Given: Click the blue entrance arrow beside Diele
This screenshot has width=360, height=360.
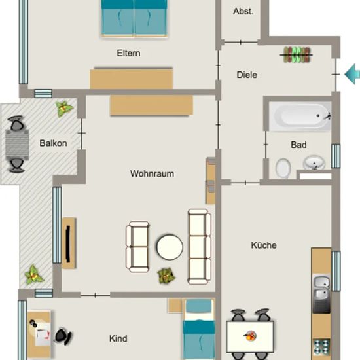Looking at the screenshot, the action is pyautogui.click(x=352, y=74).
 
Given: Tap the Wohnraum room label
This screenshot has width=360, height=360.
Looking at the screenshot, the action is pyautogui.click(x=152, y=173).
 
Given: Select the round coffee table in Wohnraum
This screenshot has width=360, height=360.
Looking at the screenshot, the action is pyautogui.click(x=170, y=247).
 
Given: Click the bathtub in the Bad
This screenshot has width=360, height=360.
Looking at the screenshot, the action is pyautogui.click(x=300, y=117).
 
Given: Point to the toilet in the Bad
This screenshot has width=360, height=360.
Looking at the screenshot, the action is pyautogui.click(x=283, y=168).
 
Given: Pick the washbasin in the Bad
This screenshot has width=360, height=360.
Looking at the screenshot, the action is pyautogui.click(x=314, y=162).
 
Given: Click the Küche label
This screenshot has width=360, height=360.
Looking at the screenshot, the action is pyautogui.click(x=264, y=245).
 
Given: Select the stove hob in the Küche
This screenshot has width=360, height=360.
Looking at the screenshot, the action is pyautogui.click(x=321, y=346).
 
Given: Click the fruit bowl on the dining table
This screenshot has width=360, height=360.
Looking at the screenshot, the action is pyautogui.click(x=250, y=336).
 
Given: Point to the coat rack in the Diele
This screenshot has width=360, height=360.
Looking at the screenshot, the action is pyautogui.click(x=297, y=54).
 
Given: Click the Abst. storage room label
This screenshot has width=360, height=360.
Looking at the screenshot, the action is pyautogui.click(x=243, y=12).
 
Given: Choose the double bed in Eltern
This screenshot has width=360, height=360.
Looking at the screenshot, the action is pyautogui.click(x=134, y=18).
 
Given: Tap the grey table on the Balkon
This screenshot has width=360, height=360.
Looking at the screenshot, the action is pyautogui.click(x=17, y=144).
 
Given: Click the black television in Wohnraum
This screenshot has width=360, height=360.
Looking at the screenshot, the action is pyautogui.click(x=68, y=243).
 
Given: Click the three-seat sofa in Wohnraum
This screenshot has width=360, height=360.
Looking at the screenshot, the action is pyautogui.click(x=200, y=247).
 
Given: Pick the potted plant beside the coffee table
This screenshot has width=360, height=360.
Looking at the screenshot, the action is pyautogui.click(x=166, y=276).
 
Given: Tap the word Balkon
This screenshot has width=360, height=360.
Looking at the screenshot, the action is pyautogui.click(x=53, y=143).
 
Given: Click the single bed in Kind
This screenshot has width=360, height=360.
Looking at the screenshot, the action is pyautogui.click(x=199, y=329).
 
